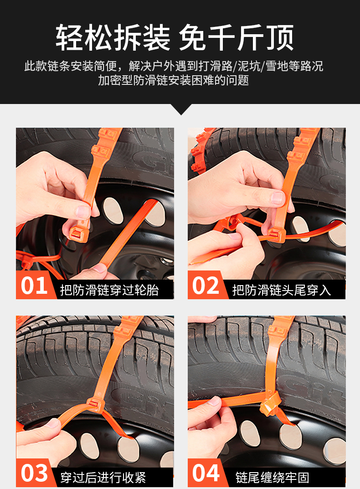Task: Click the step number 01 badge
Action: (x=34, y=286)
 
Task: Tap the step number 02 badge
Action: (x=206, y=286)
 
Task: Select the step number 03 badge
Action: (x=34, y=473)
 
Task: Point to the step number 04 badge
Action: (x=206, y=473)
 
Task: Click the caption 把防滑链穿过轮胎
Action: (x=109, y=290)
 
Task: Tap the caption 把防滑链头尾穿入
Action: (x=282, y=290)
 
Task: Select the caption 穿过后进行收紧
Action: (x=103, y=478)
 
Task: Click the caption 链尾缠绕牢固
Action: (x=272, y=478)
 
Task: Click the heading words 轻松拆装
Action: (x=113, y=38)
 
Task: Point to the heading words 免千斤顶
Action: (x=237, y=38)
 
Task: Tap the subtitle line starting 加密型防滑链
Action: (x=174, y=80)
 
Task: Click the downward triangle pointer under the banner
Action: (x=180, y=109)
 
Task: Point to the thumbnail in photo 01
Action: (x=83, y=212)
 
